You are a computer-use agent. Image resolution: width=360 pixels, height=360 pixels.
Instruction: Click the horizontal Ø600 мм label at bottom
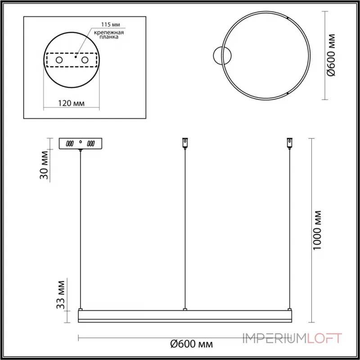[191, 344]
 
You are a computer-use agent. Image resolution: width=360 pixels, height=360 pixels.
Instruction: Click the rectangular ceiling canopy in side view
[81, 144]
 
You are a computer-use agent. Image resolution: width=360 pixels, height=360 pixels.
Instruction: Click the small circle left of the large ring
[222, 55]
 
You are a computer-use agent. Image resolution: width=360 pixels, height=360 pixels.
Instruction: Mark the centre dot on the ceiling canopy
[81, 142]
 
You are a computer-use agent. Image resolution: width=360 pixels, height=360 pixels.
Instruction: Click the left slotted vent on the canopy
[70, 144]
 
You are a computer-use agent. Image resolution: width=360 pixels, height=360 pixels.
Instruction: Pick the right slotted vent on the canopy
[91, 144]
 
